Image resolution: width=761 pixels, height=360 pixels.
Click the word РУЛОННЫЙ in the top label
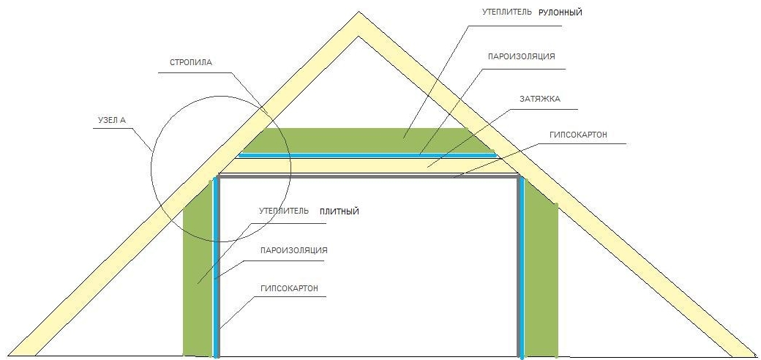560,13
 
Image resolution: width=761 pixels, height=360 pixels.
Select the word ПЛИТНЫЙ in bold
340,211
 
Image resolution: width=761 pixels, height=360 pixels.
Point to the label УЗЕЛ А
110,120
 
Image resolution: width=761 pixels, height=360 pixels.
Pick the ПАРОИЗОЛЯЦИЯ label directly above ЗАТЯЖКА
521,56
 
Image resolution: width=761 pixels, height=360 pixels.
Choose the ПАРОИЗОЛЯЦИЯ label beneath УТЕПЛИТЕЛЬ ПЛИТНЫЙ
293,251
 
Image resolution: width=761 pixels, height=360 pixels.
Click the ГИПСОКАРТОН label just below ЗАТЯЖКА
578,135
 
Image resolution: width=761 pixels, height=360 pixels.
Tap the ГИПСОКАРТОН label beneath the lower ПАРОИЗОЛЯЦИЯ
289,288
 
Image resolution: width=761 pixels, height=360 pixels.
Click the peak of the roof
359,12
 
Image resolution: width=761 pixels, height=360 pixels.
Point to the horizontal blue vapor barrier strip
367,155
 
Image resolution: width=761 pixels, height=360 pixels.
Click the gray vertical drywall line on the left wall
218,267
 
